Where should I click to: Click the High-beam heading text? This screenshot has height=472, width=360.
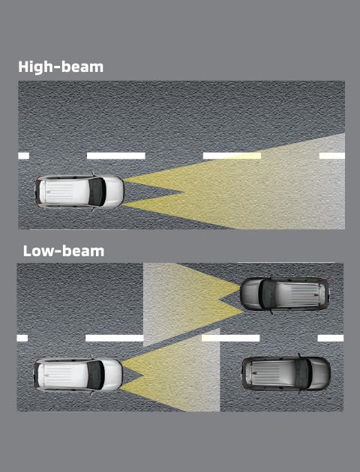(61, 67)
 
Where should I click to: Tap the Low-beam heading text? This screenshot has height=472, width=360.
(64, 251)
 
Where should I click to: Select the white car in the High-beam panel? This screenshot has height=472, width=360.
(79, 192)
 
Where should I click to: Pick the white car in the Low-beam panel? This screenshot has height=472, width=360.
(78, 375)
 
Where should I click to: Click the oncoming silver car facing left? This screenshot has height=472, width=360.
(285, 294)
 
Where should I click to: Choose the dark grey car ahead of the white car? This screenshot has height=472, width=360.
(286, 373)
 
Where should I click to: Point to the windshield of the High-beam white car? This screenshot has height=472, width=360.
(97, 192)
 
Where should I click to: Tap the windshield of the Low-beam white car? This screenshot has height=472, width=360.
(95, 375)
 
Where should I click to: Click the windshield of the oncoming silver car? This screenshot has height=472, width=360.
(268, 294)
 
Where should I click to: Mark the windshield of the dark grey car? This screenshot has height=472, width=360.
(303, 373)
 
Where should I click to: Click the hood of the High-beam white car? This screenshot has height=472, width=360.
(115, 192)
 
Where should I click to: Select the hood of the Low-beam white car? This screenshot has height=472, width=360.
(113, 375)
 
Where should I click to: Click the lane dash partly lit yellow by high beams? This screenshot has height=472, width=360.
(232, 156)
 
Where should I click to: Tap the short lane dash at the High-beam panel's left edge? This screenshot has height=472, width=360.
(23, 156)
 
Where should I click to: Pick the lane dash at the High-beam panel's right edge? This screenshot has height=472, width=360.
(332, 156)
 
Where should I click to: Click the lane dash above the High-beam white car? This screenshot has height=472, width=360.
(116, 156)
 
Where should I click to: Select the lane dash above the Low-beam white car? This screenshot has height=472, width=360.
(115, 338)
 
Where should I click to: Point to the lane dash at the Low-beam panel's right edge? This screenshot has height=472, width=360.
(331, 338)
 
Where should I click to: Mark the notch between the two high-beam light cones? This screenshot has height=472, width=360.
(184, 192)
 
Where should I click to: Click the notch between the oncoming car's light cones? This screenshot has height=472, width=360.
(220, 299)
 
